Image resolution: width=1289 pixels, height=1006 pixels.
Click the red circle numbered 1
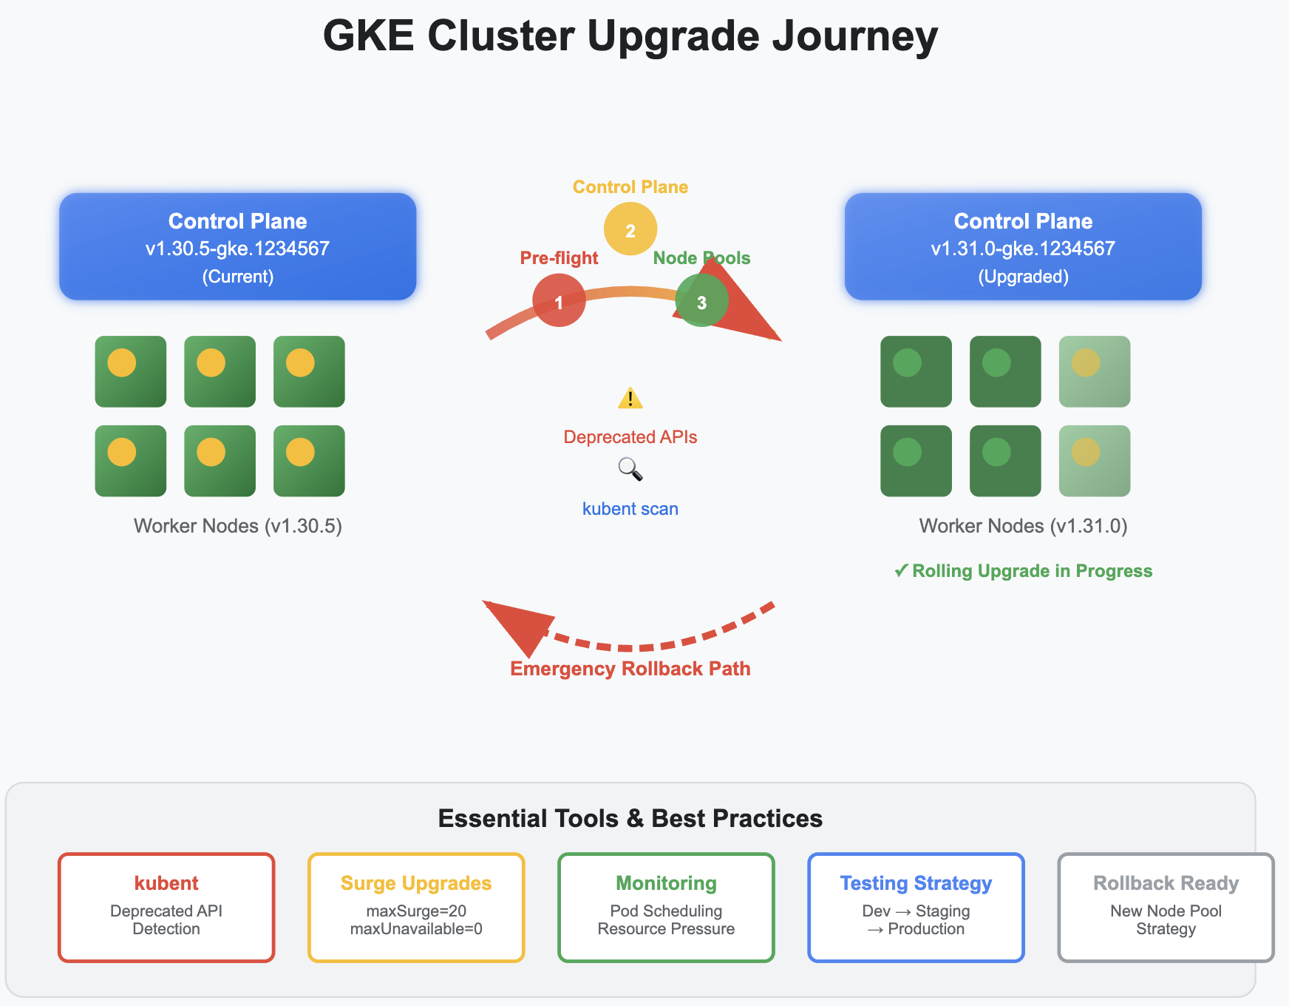point(559,300)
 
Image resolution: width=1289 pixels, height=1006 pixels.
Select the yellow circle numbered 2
point(630,229)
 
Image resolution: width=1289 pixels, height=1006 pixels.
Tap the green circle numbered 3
point(701,300)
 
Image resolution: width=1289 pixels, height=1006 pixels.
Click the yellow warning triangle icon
point(630,399)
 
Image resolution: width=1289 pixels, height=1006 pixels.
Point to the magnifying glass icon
point(630,469)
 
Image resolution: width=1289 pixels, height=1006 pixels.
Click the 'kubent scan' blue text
point(630,509)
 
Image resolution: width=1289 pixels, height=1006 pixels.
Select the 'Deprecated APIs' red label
point(630,437)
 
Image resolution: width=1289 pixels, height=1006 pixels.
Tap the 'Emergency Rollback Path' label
point(630,669)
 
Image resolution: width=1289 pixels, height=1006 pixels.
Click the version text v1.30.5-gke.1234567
point(237,249)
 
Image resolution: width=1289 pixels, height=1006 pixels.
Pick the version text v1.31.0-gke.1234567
point(1023,249)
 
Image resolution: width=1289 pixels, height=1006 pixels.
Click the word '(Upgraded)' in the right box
point(1023,277)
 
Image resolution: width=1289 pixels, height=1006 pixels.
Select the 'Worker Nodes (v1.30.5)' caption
point(237,526)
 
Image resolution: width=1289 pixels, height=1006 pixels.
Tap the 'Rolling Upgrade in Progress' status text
point(1032,571)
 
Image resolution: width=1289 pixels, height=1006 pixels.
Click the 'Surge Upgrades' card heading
point(415,883)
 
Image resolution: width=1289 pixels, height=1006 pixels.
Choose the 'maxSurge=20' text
point(415,911)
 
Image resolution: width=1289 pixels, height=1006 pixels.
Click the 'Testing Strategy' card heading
point(916,883)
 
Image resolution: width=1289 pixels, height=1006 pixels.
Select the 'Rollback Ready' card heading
point(1166,883)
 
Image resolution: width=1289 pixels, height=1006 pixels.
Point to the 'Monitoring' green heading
point(666,883)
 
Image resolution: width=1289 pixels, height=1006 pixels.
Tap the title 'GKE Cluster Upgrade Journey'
point(630,36)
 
